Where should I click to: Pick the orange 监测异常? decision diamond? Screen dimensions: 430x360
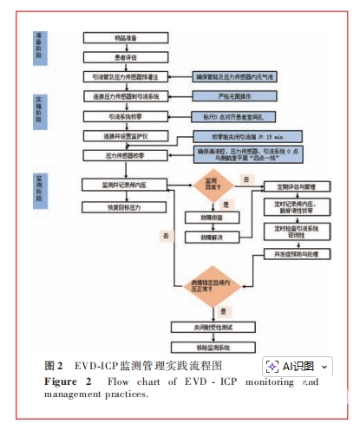211,185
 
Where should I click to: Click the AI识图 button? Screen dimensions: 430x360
298,367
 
